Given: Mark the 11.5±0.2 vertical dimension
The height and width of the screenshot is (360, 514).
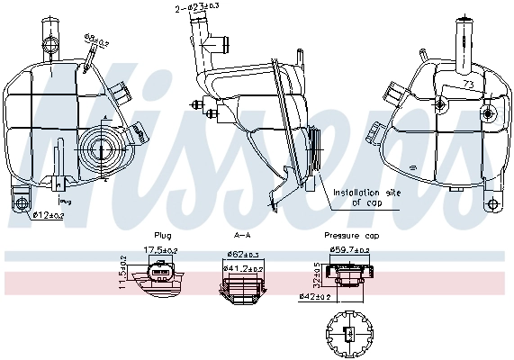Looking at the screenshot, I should tap(123, 271).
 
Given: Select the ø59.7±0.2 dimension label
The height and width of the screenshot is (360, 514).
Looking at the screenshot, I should tap(349, 249).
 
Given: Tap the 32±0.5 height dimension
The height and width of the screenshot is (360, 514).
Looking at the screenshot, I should tap(318, 274).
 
